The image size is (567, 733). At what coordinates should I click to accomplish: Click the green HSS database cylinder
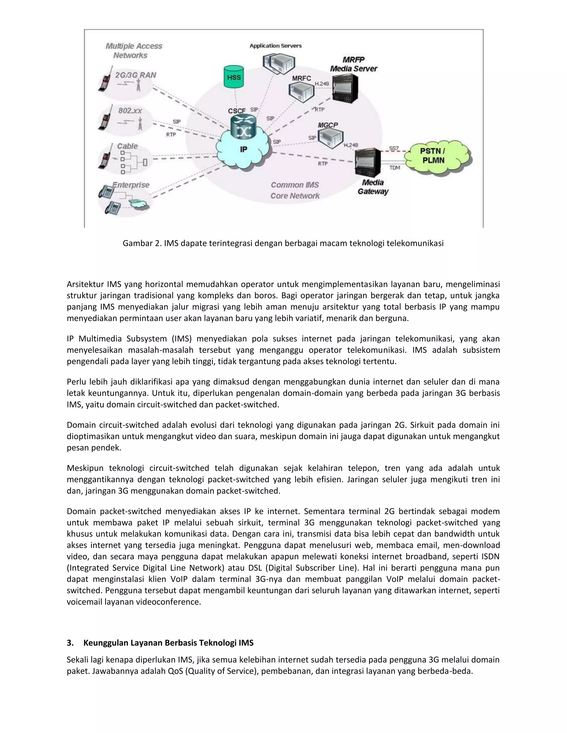[234, 77]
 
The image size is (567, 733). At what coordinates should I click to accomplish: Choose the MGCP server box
[331, 138]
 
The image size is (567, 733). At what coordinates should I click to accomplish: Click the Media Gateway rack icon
[368, 162]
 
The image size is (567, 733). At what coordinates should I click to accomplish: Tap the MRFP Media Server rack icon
[345, 88]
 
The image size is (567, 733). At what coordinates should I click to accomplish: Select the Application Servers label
[275, 46]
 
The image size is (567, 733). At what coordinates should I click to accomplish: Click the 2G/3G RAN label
[135, 75]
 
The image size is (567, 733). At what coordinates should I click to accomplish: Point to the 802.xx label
[130, 110]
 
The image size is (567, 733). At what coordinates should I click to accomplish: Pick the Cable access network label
[127, 146]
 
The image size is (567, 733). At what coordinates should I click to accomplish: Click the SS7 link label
[394, 148]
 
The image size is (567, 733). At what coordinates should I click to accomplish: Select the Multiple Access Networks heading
[134, 51]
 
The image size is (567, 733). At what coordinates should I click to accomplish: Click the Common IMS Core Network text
[295, 190]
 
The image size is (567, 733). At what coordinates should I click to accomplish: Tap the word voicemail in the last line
[84, 602]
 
